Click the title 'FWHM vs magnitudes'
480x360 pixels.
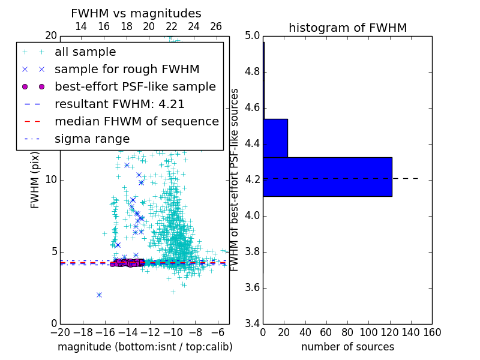[x=136, y=14]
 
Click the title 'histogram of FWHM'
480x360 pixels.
[x=347, y=28]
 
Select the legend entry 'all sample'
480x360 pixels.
[x=85, y=52]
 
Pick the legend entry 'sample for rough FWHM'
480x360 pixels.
[x=127, y=69]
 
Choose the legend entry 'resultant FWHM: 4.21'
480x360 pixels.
[x=119, y=104]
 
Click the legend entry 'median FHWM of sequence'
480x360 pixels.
[x=136, y=121]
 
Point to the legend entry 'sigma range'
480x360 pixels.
[x=92, y=139]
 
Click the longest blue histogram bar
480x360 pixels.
[x=327, y=176]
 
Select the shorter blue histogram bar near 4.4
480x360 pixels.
[x=275, y=138]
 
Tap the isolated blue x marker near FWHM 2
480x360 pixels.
[x=99, y=295]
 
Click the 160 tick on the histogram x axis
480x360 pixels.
[x=431, y=332]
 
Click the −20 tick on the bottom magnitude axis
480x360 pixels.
[x=60, y=332]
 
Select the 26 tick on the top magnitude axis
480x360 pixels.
[x=216, y=26]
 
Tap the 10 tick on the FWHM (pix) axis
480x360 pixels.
[x=52, y=180]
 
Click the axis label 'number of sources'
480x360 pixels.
[x=347, y=347]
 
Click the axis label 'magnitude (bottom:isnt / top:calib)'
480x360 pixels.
[x=145, y=347]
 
